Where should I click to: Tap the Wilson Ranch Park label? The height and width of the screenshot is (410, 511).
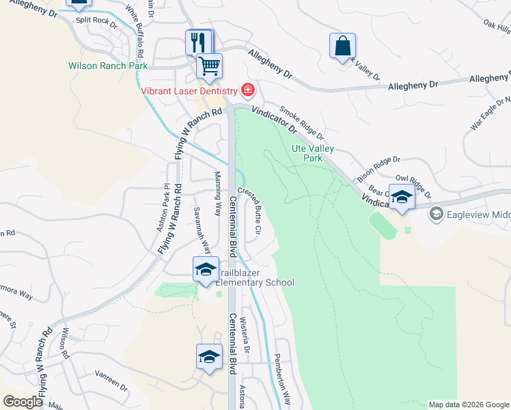108,66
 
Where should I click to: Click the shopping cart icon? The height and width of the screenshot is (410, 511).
209,66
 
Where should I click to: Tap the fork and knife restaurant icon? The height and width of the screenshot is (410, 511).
199,42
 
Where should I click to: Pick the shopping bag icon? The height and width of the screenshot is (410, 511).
342,46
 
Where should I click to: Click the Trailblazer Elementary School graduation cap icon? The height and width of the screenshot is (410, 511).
205,269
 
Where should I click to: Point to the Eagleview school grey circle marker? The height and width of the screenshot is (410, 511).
435,214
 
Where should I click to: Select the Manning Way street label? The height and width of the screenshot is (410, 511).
219,193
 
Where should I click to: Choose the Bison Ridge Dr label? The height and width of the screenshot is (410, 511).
378,169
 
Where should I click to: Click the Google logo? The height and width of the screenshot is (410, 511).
23,402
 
